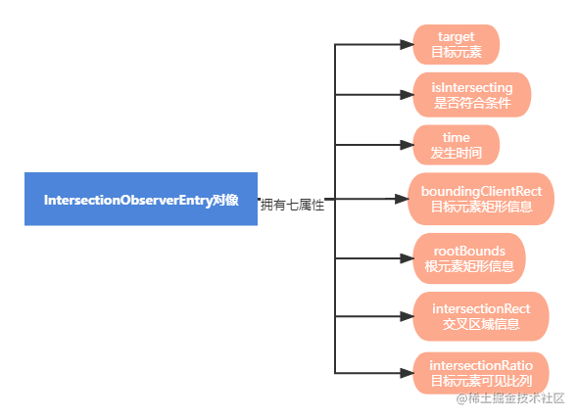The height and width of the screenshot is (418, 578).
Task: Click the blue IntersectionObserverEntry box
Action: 141,199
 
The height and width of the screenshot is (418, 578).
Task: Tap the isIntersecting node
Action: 471,95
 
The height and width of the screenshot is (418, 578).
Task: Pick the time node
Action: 456,145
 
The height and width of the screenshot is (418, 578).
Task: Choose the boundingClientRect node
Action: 480,199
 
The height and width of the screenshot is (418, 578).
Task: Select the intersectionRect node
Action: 480,316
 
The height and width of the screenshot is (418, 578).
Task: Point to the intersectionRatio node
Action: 480,372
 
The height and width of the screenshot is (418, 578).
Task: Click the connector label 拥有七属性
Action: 292,205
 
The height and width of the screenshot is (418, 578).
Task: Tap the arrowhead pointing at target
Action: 405,45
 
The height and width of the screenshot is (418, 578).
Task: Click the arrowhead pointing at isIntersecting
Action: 405,95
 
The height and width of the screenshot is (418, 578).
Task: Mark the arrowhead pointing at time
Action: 405,145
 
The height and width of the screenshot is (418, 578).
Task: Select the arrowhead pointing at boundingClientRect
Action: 401,199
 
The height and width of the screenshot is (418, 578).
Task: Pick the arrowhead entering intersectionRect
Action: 405,316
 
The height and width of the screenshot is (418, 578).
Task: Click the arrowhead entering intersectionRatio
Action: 405,372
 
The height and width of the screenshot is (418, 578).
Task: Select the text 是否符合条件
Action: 471,103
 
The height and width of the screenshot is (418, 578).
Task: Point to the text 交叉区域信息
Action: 480,324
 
